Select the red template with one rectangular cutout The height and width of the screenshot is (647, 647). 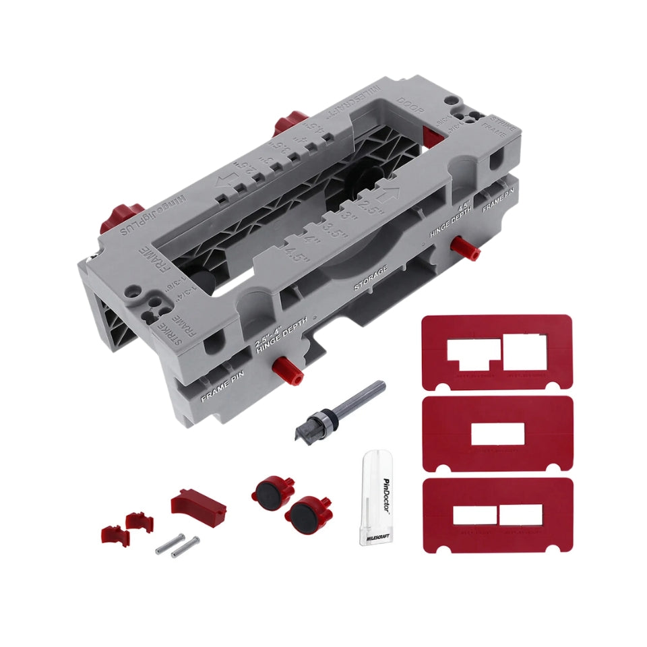pos(497,433)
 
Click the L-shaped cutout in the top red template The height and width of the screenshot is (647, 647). pos(474,353)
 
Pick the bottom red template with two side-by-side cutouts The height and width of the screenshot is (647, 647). pos(497,515)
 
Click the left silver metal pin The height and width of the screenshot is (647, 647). pos(168,545)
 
